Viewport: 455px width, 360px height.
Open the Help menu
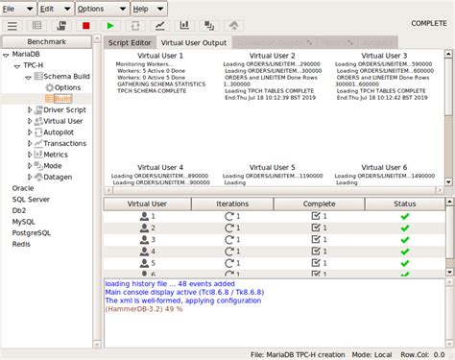click(x=140, y=8)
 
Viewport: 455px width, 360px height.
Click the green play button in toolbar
click(x=110, y=26)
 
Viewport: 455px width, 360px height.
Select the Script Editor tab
click(x=129, y=43)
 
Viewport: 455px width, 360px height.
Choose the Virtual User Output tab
click(x=194, y=43)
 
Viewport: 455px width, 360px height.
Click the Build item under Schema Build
click(x=62, y=99)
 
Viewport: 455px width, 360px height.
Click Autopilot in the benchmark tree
click(x=60, y=132)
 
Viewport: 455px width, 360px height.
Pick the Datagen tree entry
click(x=60, y=177)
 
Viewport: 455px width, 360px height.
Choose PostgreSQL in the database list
click(x=30, y=232)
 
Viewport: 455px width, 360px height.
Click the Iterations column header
click(x=231, y=204)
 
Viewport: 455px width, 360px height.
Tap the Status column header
click(x=404, y=204)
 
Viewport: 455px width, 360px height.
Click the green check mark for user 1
click(x=404, y=217)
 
